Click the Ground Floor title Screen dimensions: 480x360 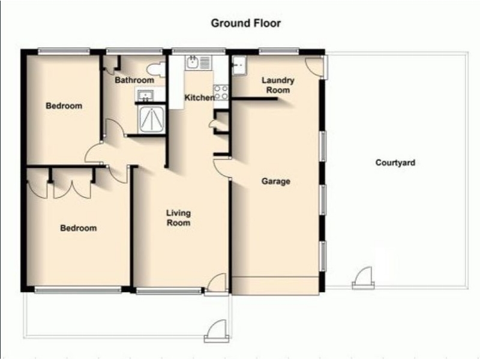pos(246,23)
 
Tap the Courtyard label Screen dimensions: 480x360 pos(395,163)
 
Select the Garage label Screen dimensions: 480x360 pos(275,181)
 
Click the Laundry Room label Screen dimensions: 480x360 pos(278,85)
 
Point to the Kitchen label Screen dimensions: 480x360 pos(199,98)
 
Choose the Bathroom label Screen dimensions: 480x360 pos(134,80)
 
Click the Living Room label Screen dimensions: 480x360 pos(178,218)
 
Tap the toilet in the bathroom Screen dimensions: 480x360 pos(156,69)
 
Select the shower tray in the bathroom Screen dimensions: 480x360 pos(152,119)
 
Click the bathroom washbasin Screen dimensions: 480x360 pos(146,95)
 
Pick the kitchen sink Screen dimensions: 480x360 pos(199,62)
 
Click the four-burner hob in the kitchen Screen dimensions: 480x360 pos(221,92)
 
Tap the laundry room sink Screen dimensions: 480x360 pos(239,65)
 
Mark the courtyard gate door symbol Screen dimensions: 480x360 pos(364,278)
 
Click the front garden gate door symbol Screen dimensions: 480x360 pos(217,331)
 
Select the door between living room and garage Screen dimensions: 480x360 pos(222,168)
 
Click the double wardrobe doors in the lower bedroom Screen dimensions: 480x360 pos(72,190)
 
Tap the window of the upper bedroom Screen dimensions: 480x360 pos(64,52)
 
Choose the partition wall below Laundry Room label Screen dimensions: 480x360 pos(254,99)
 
